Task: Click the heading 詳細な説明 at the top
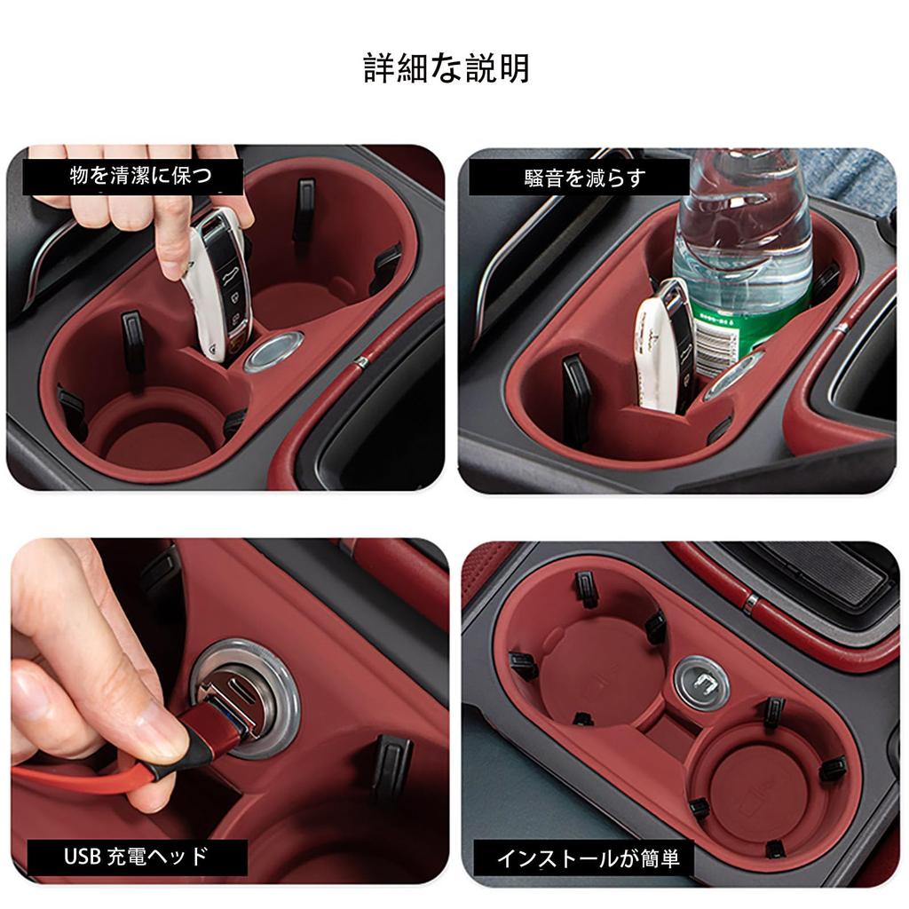click(447, 68)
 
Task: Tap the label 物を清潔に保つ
click(133, 176)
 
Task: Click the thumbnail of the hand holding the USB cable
click(226, 710)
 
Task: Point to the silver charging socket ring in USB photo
click(244, 701)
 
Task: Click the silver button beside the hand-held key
click(273, 351)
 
